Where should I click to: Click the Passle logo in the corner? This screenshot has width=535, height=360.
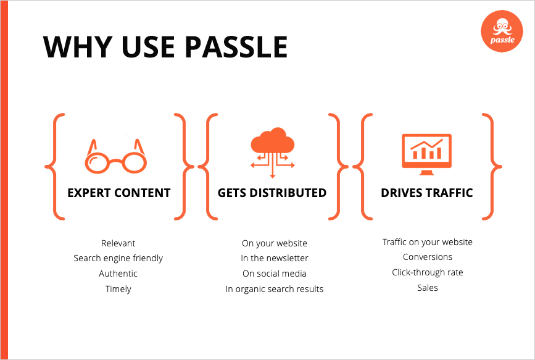tap(502, 31)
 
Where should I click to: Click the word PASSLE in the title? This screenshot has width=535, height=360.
tap(236, 47)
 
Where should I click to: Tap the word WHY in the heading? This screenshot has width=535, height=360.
tap(78, 47)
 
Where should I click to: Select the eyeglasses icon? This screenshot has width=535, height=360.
tap(115, 156)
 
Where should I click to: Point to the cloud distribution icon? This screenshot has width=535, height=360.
tap(272, 153)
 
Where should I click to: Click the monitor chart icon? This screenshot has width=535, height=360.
tap(426, 154)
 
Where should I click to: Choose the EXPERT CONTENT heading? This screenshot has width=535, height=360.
tap(118, 193)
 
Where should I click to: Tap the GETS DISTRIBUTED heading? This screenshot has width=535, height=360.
tap(272, 193)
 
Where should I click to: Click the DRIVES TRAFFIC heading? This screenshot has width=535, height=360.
tap(427, 193)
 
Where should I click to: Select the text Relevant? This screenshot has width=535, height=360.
tap(118, 243)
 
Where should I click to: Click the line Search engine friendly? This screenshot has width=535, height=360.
tap(118, 259)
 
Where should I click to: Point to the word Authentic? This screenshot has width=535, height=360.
tap(118, 274)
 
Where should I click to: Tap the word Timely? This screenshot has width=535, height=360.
tap(118, 290)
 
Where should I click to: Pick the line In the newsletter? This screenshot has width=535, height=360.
tap(275, 258)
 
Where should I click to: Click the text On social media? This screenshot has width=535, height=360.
tap(275, 274)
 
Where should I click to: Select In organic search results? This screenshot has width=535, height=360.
tap(275, 290)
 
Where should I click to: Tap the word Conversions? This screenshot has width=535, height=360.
tap(428, 257)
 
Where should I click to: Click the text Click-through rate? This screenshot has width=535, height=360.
tap(428, 272)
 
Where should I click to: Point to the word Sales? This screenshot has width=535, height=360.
tap(428, 288)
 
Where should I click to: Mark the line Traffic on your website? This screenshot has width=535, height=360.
tap(428, 242)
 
